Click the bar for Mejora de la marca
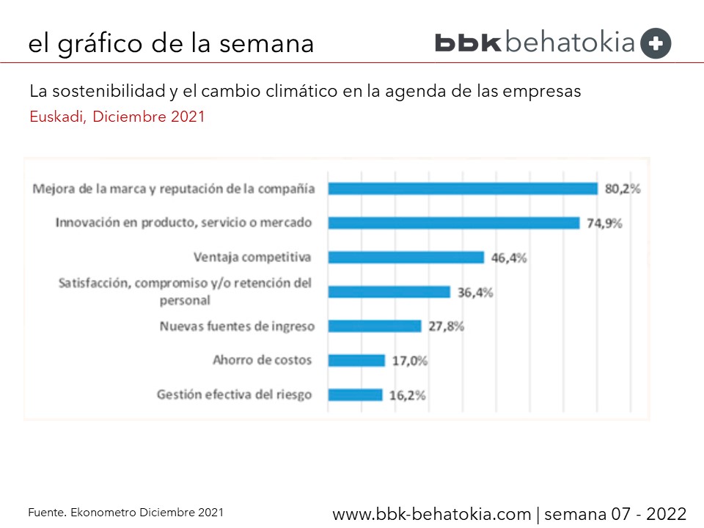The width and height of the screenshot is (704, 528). pyautogui.click(x=463, y=188)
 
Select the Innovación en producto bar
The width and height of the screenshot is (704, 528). pyautogui.click(x=454, y=223)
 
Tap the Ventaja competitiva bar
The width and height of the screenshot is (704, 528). pyautogui.click(x=406, y=257)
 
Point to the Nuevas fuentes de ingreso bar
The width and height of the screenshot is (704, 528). pyautogui.click(x=375, y=326)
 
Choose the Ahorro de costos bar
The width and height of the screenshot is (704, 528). pyautogui.click(x=356, y=360)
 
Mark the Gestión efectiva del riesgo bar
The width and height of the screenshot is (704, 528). pyautogui.click(x=355, y=395)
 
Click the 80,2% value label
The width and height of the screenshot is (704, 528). pyautogui.click(x=623, y=188)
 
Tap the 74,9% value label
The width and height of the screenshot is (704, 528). pyautogui.click(x=604, y=223)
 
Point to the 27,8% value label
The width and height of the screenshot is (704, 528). pyautogui.click(x=446, y=326)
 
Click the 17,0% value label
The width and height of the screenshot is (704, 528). pyautogui.click(x=409, y=360)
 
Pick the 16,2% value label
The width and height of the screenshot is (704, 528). pyautogui.click(x=407, y=395)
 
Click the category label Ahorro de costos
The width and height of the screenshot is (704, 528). pyautogui.click(x=262, y=360)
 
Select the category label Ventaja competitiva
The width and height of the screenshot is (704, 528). pyautogui.click(x=252, y=257)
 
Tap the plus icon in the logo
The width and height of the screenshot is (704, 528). pyautogui.click(x=656, y=44)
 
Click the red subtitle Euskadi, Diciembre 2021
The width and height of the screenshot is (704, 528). pyautogui.click(x=117, y=117)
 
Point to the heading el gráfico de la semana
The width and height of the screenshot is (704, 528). pyautogui.click(x=171, y=44)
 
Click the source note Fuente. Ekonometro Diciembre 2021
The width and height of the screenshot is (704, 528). pyautogui.click(x=125, y=512)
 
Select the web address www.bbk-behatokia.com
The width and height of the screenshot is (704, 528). pyautogui.click(x=431, y=513)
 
